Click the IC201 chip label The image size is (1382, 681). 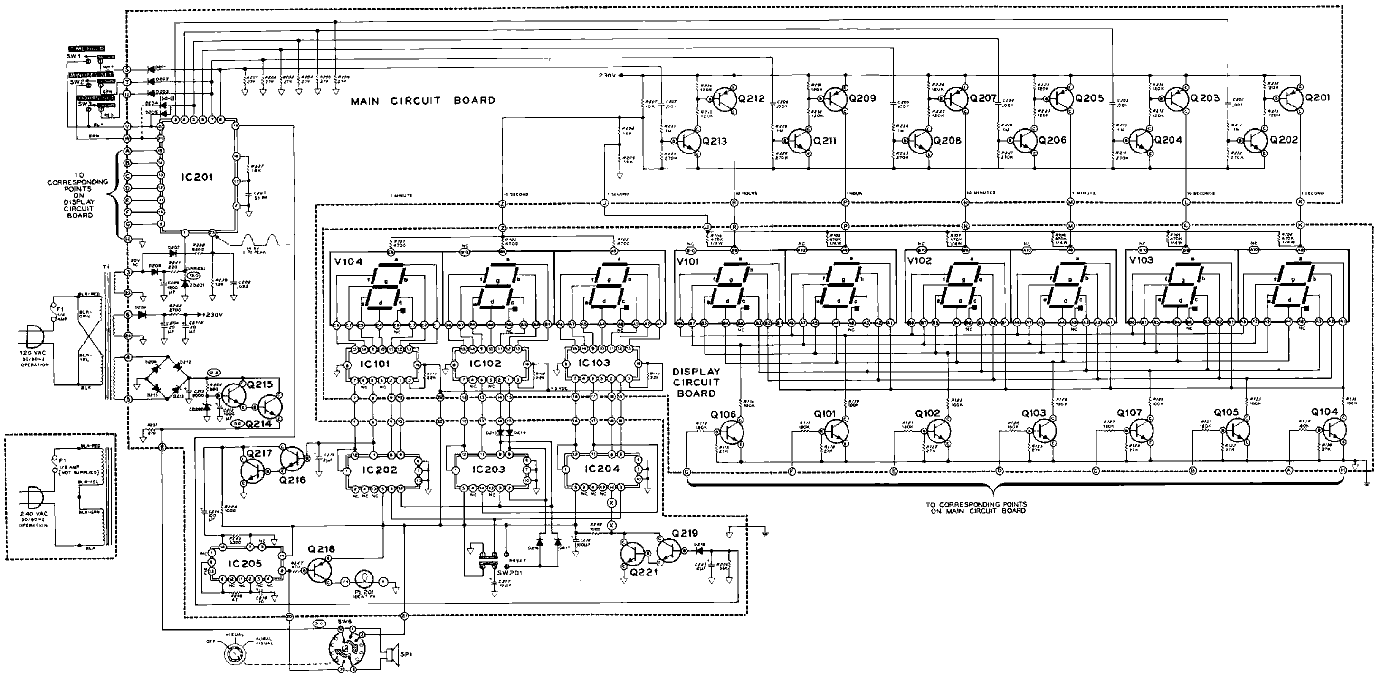click(197, 178)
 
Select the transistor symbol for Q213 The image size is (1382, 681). click(686, 141)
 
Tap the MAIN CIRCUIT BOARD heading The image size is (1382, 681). click(423, 100)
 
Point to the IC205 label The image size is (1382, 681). click(245, 564)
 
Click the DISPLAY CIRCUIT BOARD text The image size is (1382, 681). click(696, 382)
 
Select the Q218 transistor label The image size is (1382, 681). click(322, 549)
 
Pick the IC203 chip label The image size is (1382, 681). click(488, 469)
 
